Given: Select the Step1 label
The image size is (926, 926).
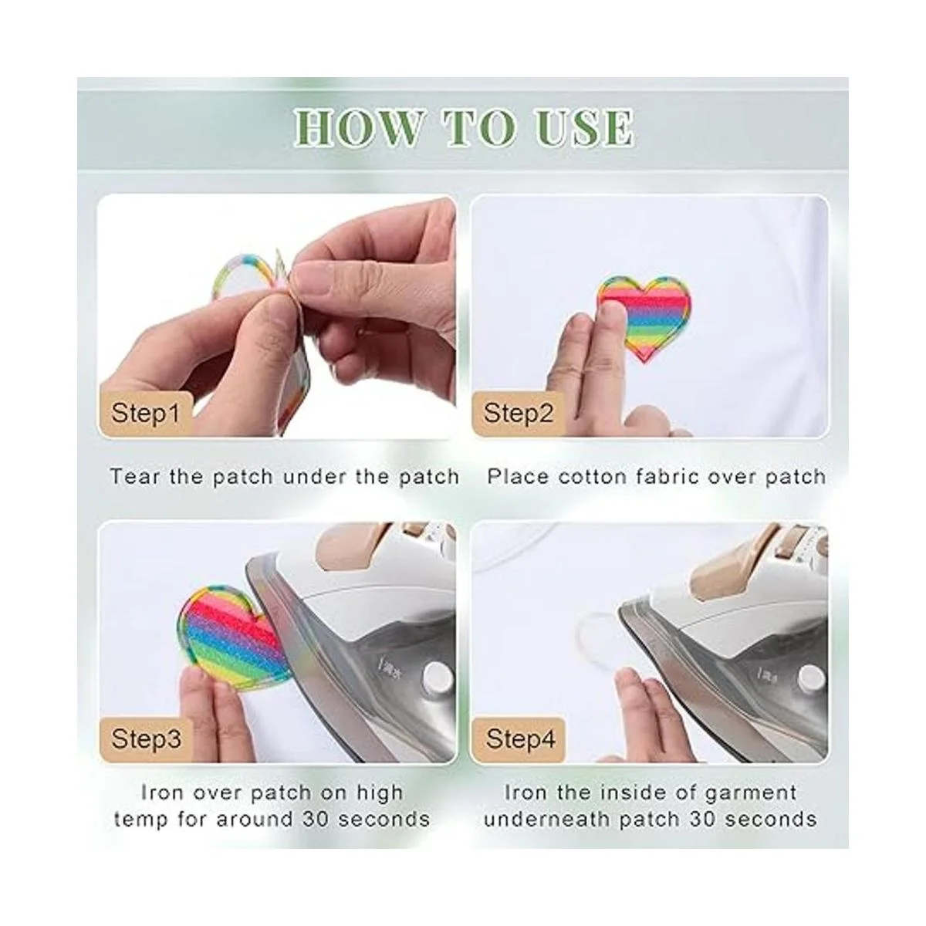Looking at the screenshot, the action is pyautogui.click(x=145, y=413).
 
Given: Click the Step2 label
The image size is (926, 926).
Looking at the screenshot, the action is pyautogui.click(x=519, y=413).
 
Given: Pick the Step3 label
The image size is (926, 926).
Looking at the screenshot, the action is pyautogui.click(x=146, y=738).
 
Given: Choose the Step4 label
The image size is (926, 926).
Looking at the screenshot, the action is pyautogui.click(x=520, y=738).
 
